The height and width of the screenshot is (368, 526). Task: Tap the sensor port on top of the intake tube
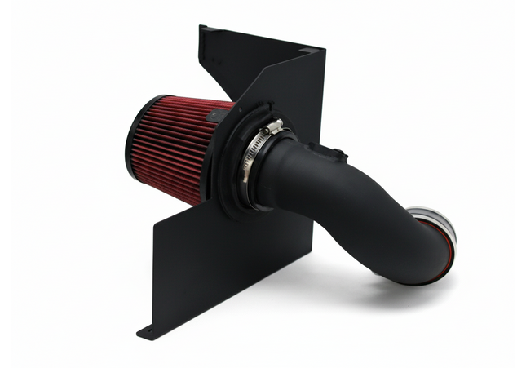[x=336, y=153]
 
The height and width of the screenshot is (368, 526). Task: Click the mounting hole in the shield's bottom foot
[x=148, y=331]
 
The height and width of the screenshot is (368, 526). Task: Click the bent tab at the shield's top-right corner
[x=311, y=51]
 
